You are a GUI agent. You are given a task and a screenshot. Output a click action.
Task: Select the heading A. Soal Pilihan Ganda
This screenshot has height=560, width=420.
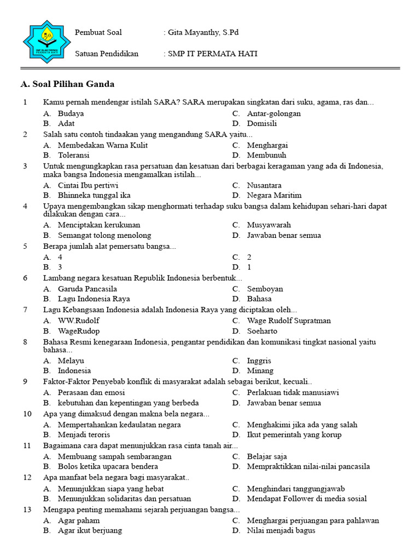click(67, 84)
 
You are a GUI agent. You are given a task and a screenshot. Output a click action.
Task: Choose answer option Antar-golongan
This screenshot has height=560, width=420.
click(273, 114)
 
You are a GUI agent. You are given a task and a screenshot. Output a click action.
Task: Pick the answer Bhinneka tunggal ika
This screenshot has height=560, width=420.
click(94, 195)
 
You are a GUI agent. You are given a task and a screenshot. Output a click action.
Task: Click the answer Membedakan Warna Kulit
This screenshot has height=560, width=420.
click(103, 145)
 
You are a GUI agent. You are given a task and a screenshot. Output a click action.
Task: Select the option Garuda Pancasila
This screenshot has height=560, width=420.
click(87, 289)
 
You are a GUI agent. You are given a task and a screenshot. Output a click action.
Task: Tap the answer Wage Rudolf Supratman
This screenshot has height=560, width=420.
click(289, 321)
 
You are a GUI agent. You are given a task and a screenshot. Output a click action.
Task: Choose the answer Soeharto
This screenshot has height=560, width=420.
click(262, 331)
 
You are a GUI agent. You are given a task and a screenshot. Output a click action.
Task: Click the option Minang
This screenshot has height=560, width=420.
click(260, 371)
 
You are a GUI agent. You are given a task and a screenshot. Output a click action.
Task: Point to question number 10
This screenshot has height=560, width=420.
click(27, 414)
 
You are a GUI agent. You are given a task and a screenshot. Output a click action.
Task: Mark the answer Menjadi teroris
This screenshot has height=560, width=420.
click(84, 435)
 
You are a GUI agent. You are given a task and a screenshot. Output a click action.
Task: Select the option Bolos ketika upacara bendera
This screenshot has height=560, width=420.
click(108, 466)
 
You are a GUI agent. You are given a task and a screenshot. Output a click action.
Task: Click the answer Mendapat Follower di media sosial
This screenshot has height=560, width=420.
click(307, 499)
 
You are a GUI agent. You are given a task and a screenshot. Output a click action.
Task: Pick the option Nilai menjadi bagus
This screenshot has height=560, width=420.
click(281, 530)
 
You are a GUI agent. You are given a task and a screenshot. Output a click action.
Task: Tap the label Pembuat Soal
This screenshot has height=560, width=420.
click(98, 33)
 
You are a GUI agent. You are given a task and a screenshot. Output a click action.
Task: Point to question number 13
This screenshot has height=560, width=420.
click(27, 510)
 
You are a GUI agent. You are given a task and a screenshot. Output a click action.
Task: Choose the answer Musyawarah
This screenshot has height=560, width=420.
click(269, 225)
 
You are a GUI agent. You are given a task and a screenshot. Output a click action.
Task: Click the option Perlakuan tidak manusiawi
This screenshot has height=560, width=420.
click(293, 393)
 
